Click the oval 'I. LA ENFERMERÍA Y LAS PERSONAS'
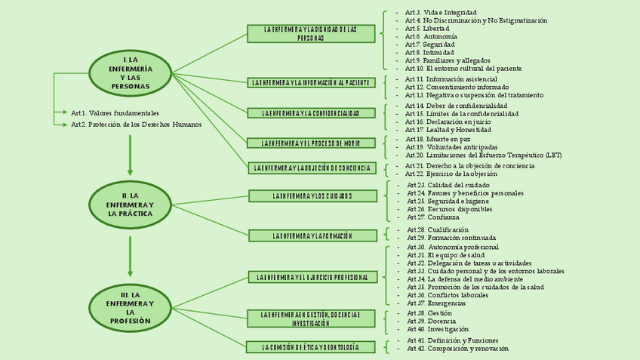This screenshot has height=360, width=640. tap(130, 72)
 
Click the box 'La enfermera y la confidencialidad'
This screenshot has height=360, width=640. tap(312, 113)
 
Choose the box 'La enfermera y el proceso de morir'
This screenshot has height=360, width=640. tap(312, 143)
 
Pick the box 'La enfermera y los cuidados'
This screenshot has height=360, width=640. tap(312, 196)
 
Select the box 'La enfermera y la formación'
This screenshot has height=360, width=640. tap(312, 236)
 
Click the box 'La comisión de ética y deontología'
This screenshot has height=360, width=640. tap(310, 347)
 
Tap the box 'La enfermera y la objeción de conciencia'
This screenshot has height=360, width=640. tap(312, 168)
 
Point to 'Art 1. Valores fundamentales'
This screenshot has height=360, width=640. tap(115, 112)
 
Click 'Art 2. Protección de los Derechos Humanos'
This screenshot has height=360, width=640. tap(137, 125)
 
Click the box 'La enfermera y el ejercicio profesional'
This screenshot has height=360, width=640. tap(312, 277)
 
